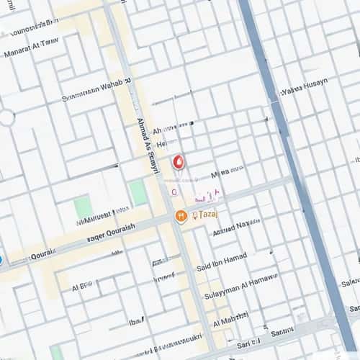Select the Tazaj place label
point(206,215)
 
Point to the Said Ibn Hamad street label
point(222,261)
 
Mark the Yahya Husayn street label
point(304,88)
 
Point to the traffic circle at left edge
point(6,117)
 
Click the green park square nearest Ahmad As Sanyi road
point(138,192)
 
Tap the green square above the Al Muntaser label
point(83,207)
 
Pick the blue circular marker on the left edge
point(1,260)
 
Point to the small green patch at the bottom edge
point(56,352)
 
